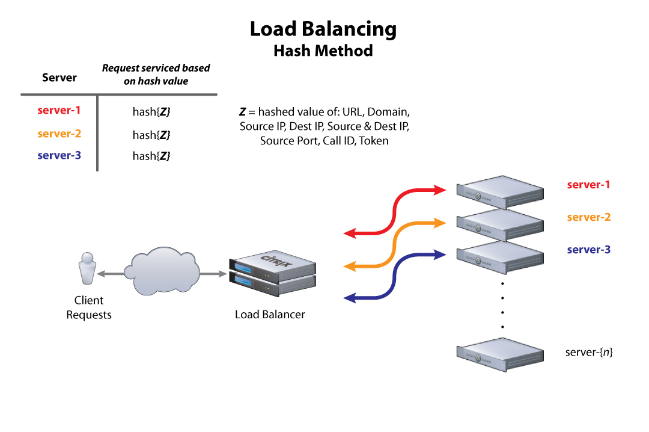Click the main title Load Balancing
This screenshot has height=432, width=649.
click(x=323, y=29)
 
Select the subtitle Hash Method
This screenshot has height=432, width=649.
click(x=323, y=51)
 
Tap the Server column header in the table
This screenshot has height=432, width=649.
click(x=59, y=78)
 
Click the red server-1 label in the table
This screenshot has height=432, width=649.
click(x=59, y=110)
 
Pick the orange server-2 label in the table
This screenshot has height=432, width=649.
click(x=59, y=134)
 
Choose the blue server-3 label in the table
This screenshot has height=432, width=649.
click(x=59, y=155)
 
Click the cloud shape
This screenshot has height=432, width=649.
click(x=162, y=272)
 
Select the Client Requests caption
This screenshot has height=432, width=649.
click(x=89, y=307)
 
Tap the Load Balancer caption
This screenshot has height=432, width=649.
click(x=270, y=314)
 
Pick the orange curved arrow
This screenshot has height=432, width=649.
click(x=394, y=244)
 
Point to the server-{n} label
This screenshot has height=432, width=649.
click(x=589, y=352)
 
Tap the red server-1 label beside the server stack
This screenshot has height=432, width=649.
click(x=589, y=185)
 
